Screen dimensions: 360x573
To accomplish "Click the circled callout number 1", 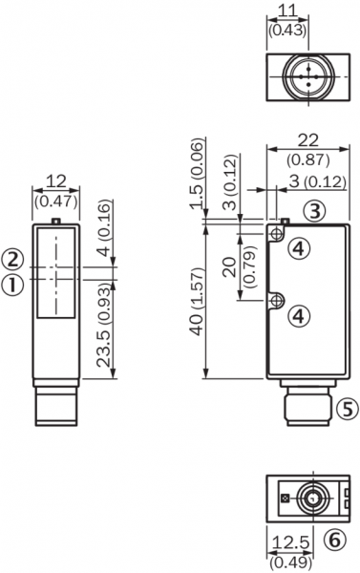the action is [x=13, y=285].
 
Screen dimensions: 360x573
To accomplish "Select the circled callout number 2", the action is [x=13, y=260].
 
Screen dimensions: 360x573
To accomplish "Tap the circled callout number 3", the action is [x=315, y=211].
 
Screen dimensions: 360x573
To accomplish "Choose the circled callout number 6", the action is [x=335, y=539].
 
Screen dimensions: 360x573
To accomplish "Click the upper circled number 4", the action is [x=299, y=248].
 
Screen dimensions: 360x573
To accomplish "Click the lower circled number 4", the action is [x=299, y=316].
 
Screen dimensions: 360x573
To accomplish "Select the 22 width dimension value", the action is [x=308, y=140].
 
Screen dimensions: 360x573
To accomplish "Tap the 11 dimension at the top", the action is [x=287, y=11].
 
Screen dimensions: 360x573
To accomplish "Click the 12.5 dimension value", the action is [x=291, y=542].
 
